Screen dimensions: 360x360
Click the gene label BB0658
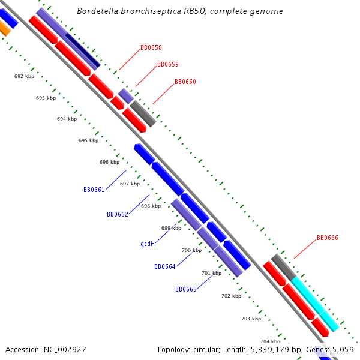click(151, 47)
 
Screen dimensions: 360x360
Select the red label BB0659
click(168, 64)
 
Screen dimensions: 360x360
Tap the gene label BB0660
click(185, 82)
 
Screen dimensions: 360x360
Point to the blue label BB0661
click(94, 190)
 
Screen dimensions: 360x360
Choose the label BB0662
click(118, 214)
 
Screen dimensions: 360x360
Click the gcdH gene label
click(148, 244)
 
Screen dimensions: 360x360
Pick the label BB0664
click(165, 266)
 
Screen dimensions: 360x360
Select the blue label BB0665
click(186, 289)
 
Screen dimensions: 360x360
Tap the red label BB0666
click(328, 238)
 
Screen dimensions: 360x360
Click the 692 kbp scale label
click(24, 76)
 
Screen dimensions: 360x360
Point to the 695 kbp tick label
click(88, 140)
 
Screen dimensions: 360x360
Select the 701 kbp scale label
click(211, 273)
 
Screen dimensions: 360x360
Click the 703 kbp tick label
click(251, 319)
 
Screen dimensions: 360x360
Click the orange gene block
click(4, 28)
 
